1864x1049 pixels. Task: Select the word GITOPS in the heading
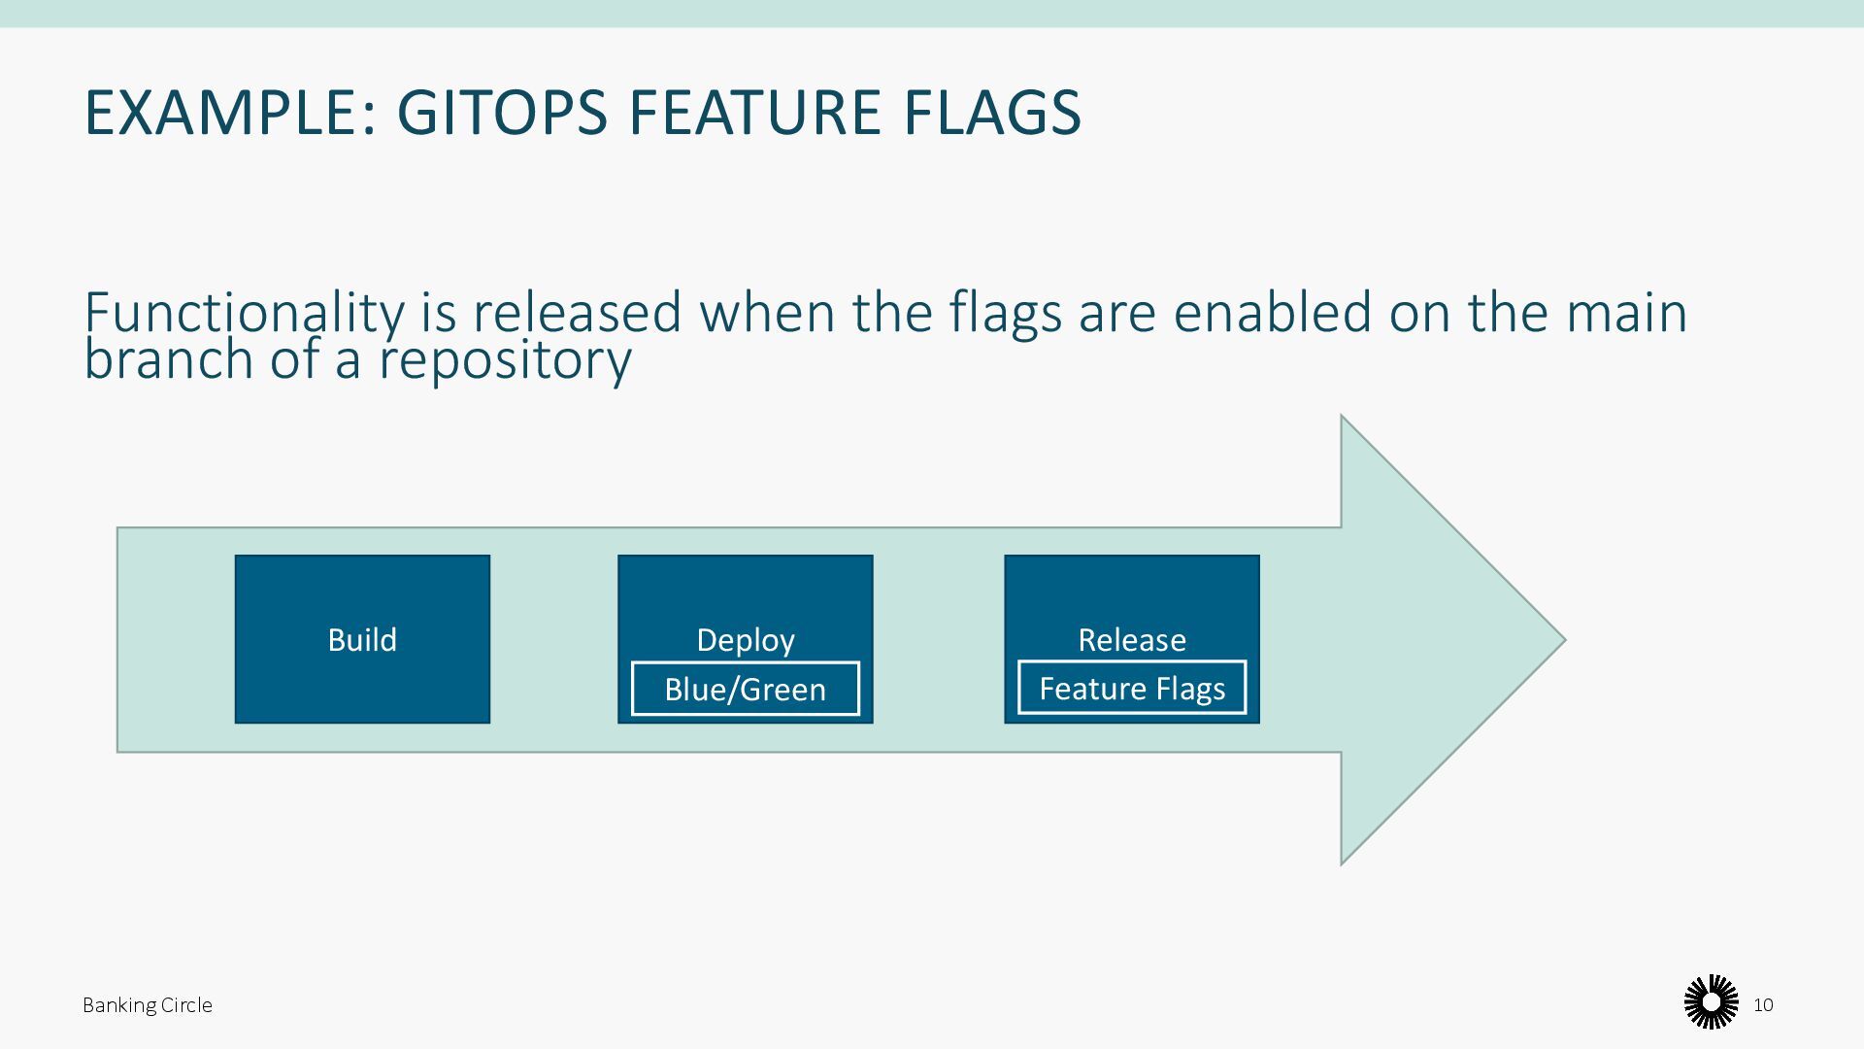click(502, 112)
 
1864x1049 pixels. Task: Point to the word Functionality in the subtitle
click(244, 314)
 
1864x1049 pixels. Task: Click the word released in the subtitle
click(578, 314)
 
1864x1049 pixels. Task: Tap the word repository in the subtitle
click(505, 360)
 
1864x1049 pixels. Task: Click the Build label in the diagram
click(362, 640)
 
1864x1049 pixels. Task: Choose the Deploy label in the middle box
click(746, 640)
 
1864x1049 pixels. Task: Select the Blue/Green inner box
click(746, 690)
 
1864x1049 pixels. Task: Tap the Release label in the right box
click(1132, 640)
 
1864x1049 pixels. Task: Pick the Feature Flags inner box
click(1132, 689)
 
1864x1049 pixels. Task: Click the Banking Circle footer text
click(148, 1005)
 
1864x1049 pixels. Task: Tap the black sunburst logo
click(1711, 1002)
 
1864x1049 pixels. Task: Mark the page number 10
click(1764, 1005)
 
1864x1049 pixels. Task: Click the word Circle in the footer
click(183, 1005)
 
